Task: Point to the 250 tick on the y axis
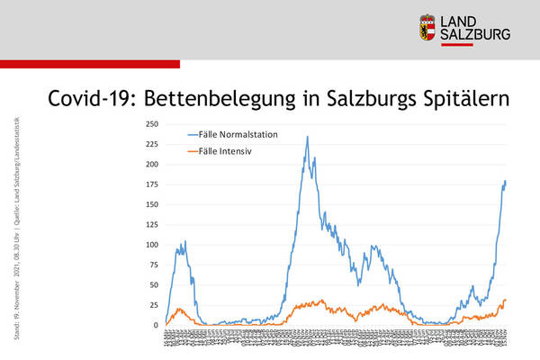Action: tap(151, 124)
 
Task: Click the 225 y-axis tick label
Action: tap(151, 144)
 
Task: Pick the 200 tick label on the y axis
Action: tap(151, 165)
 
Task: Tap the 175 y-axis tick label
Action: tap(151, 184)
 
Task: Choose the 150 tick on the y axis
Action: tap(151, 204)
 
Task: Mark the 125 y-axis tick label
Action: tap(151, 225)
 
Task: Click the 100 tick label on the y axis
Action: tap(151, 245)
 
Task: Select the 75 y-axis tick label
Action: tap(154, 265)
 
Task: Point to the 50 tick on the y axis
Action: tap(154, 285)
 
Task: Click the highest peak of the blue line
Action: tap(307, 137)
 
